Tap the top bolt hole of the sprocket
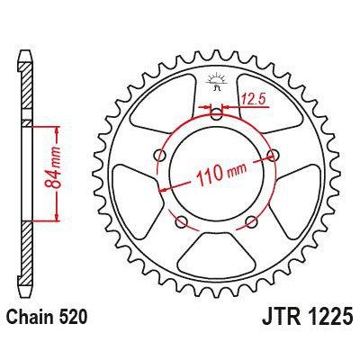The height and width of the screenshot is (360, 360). click(x=216, y=112)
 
